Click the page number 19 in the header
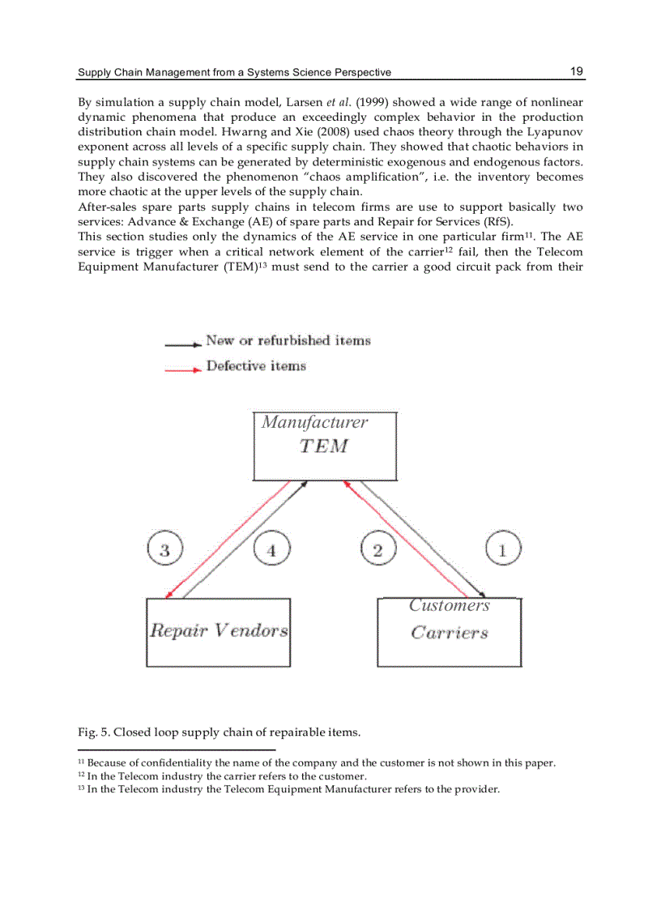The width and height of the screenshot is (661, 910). click(576, 71)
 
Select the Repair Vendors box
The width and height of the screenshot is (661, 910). click(218, 632)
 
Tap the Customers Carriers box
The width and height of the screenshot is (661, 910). click(449, 632)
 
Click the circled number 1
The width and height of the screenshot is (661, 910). click(502, 551)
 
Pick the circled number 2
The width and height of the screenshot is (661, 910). click(377, 551)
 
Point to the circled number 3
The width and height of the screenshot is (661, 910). click(165, 551)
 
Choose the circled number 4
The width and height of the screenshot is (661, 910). click(271, 551)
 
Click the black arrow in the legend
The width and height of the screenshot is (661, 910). click(182, 344)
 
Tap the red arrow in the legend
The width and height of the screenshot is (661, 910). click(182, 370)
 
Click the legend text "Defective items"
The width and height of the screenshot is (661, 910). click(256, 366)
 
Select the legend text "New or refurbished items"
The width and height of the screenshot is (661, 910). click(288, 340)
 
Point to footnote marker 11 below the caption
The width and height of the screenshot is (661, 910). click(81, 763)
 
